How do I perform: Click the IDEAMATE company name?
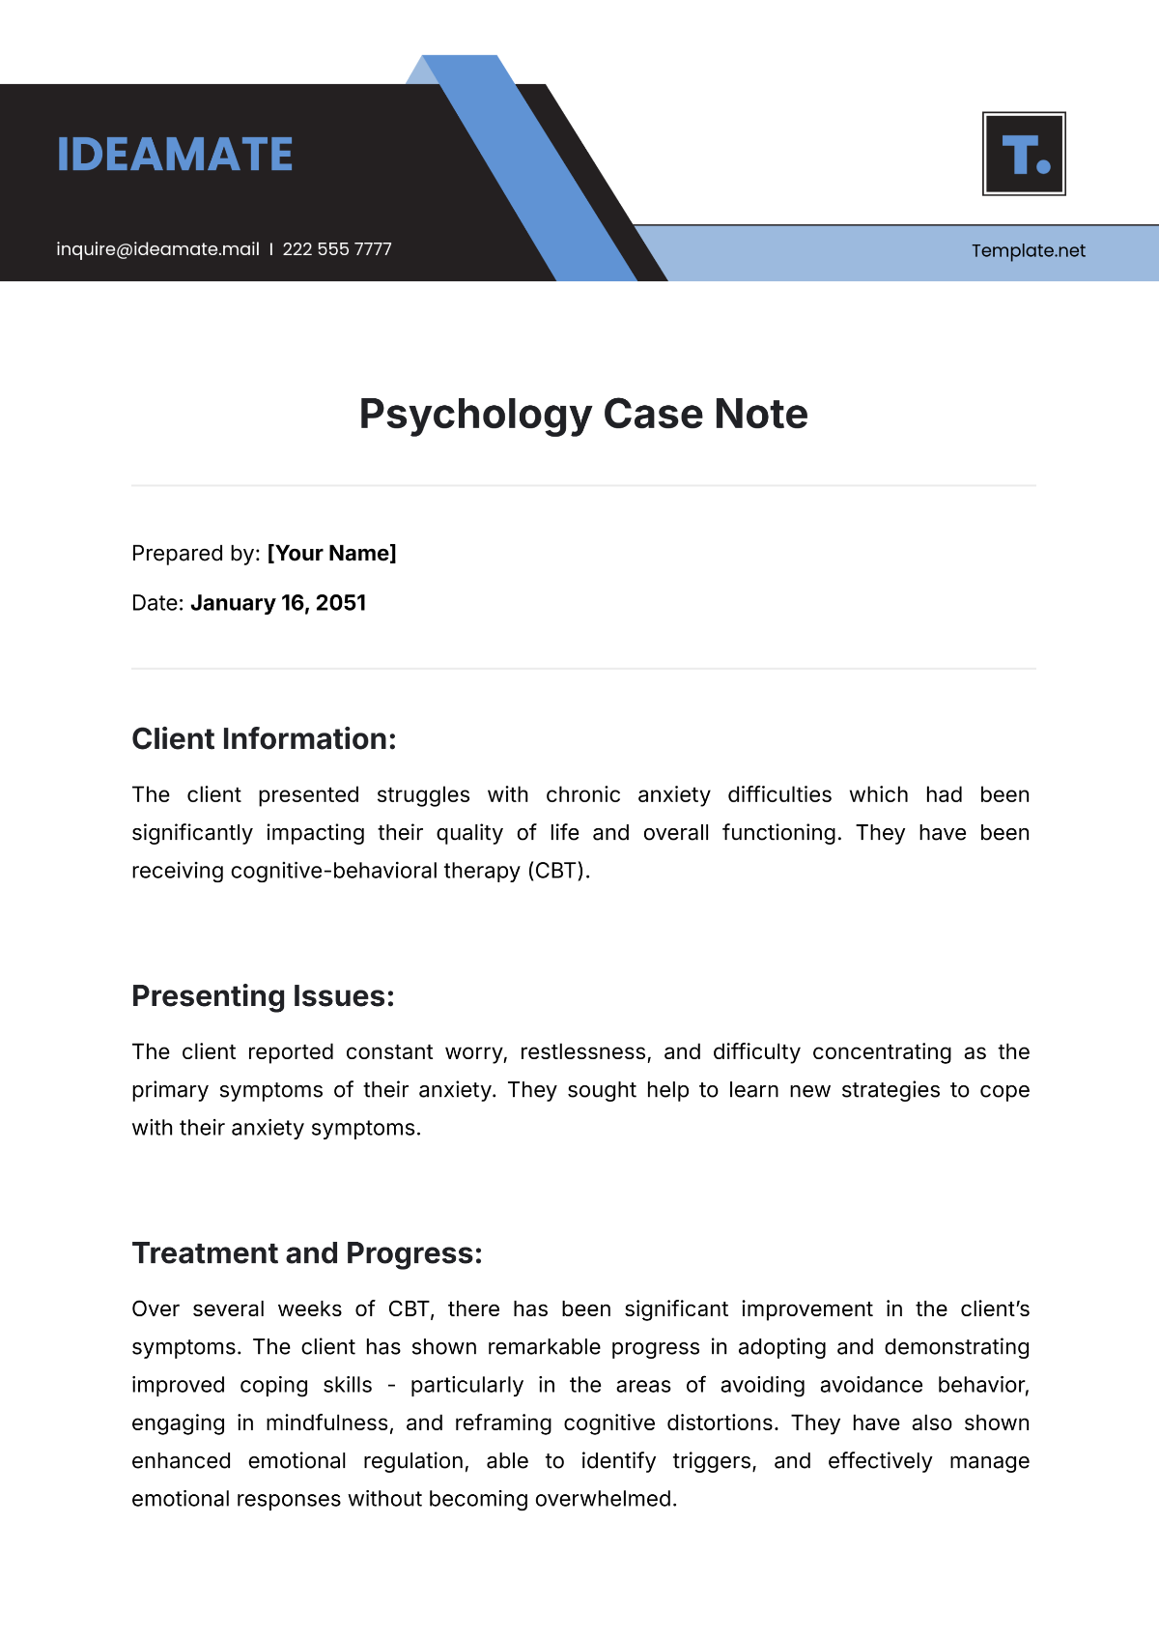[x=175, y=155]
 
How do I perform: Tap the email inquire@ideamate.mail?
[x=157, y=249]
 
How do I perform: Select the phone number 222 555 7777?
[x=337, y=249]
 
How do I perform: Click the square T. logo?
[x=1024, y=154]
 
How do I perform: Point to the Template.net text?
[x=1028, y=251]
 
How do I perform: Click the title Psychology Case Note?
[x=583, y=414]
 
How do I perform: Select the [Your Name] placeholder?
[x=331, y=554]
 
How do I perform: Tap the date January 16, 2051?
[x=278, y=603]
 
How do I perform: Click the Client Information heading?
[x=264, y=739]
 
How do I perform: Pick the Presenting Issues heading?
[x=263, y=996]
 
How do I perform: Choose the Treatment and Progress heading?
[x=306, y=1253]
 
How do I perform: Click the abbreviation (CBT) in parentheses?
[x=558, y=871]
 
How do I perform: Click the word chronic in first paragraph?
[x=582, y=795]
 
